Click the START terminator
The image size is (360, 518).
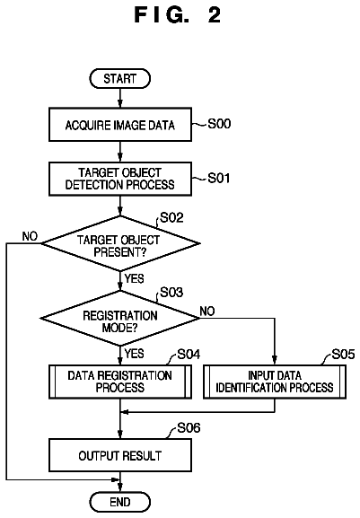click(120, 79)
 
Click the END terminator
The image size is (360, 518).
click(120, 502)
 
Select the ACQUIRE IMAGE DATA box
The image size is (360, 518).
click(120, 125)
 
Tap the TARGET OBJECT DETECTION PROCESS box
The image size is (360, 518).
click(120, 179)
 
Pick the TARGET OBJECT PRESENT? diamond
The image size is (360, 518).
click(120, 244)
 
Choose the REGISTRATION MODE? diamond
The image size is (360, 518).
click(120, 319)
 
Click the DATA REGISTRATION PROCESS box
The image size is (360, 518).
click(120, 382)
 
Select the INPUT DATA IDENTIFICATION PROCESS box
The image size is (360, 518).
click(275, 382)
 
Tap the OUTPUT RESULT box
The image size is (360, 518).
click(120, 455)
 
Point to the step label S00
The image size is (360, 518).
click(219, 124)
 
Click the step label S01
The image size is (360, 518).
click(219, 179)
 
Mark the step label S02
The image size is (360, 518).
click(171, 218)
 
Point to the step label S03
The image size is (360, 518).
click(171, 293)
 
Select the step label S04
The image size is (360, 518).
click(189, 355)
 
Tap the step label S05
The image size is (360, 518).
click(344, 355)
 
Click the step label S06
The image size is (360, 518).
click(189, 428)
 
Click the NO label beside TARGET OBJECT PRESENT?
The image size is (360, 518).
click(30, 236)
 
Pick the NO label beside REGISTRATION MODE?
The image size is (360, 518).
click(207, 312)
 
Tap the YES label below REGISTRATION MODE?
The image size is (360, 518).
click(135, 354)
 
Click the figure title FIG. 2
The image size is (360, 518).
click(178, 15)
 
